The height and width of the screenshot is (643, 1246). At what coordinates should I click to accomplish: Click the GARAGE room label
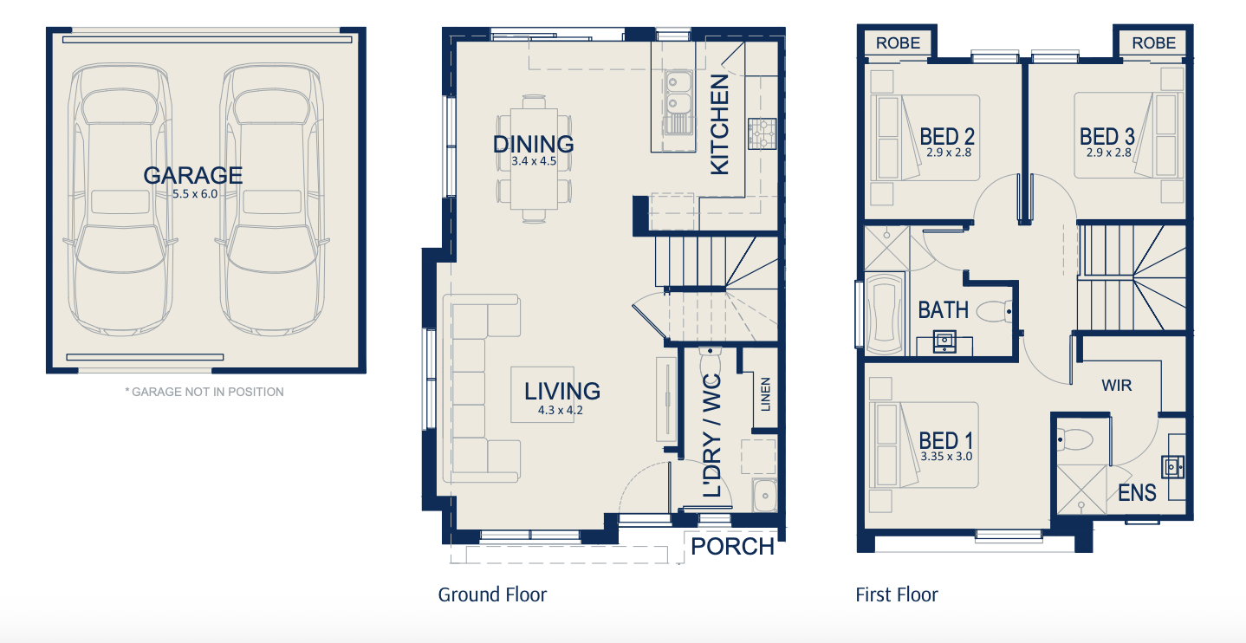click(193, 175)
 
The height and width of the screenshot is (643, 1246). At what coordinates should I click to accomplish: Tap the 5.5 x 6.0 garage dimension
click(195, 194)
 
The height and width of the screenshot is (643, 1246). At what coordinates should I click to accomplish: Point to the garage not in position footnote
click(204, 392)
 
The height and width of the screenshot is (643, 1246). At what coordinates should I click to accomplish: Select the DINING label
click(534, 144)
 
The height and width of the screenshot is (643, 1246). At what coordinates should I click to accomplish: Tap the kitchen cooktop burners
click(762, 133)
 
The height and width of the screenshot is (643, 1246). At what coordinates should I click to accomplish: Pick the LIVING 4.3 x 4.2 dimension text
click(560, 411)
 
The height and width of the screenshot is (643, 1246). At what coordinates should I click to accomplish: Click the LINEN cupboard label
click(766, 394)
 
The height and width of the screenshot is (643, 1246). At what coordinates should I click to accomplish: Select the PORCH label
click(732, 547)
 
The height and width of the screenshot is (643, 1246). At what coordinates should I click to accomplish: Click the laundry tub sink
click(765, 495)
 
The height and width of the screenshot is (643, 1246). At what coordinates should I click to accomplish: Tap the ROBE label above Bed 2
click(898, 42)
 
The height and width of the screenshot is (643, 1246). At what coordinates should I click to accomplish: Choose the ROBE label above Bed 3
click(1153, 42)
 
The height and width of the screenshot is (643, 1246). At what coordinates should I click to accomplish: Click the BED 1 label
click(945, 440)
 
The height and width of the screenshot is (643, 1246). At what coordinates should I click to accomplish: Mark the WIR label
click(1116, 386)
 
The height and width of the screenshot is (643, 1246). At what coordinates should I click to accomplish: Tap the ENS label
click(1137, 493)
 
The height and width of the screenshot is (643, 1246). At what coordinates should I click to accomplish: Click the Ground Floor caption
click(492, 594)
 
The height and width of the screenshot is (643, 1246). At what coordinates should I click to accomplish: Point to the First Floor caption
click(897, 594)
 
